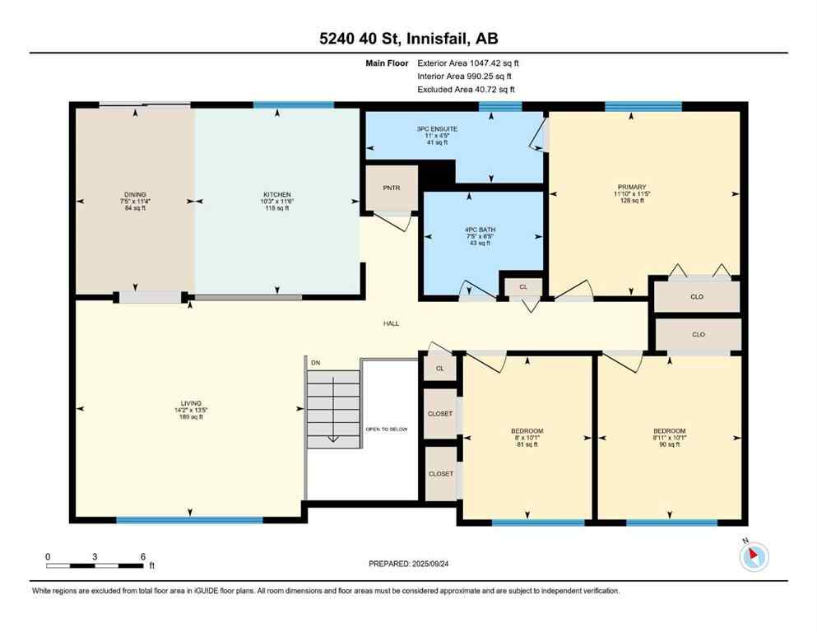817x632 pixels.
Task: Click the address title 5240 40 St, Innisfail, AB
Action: tap(408, 38)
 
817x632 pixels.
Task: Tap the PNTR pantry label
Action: tap(391, 188)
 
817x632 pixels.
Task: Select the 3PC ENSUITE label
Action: tap(437, 129)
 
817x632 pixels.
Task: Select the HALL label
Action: tap(391, 323)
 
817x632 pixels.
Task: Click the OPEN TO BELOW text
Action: tap(387, 430)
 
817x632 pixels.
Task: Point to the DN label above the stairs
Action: tap(314, 362)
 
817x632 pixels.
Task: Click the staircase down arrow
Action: tap(333, 438)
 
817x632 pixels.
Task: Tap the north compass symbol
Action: tap(754, 557)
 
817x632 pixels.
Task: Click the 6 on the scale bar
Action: tap(143, 556)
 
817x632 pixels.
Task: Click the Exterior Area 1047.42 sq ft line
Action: tap(468, 63)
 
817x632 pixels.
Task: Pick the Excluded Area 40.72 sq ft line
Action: tap(467, 89)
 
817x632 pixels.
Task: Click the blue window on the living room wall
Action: tap(189, 520)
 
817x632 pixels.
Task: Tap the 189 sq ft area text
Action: tap(189, 417)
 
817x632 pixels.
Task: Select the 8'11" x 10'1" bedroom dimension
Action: tap(669, 438)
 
